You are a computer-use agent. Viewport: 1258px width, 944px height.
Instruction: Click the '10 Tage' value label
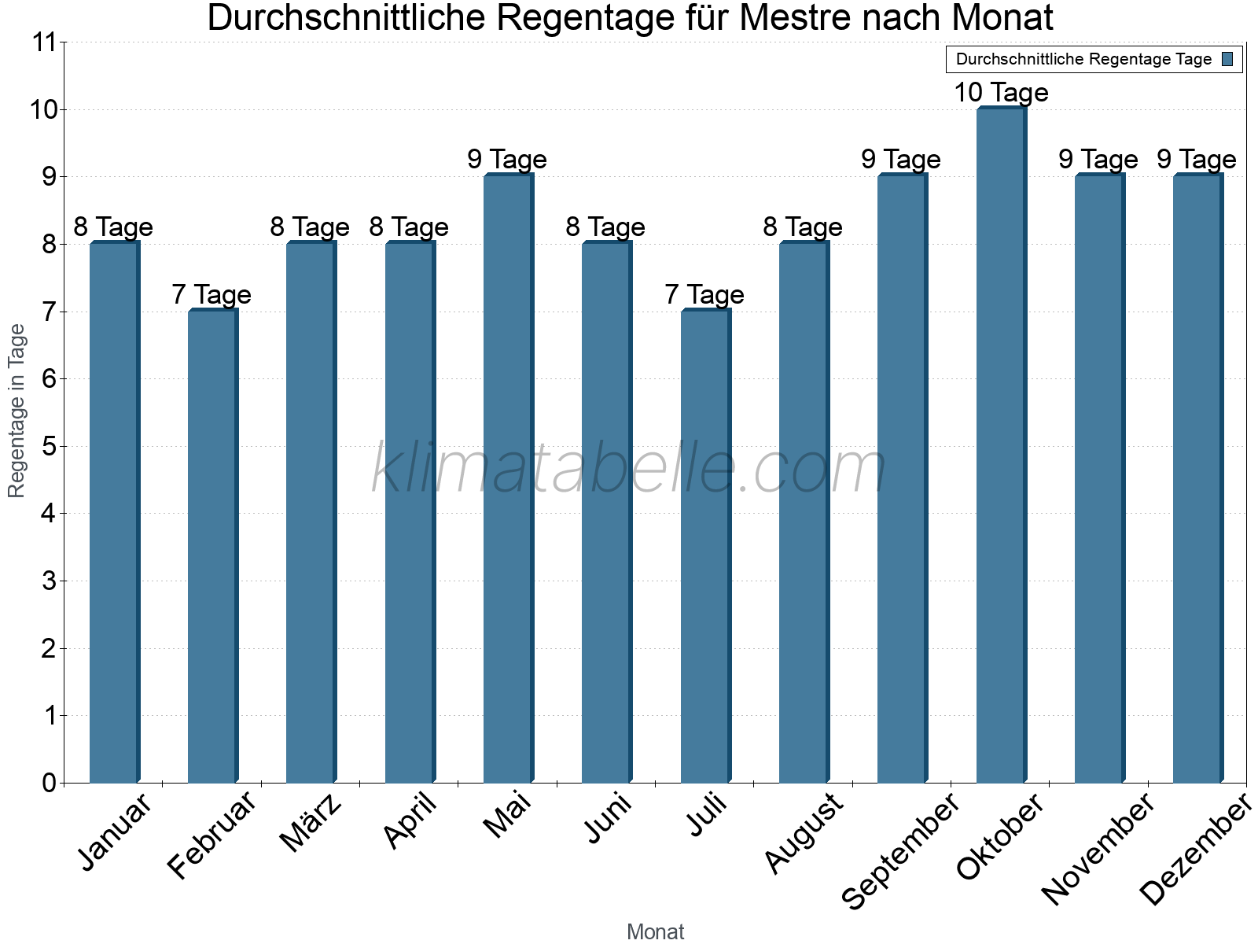point(1001,93)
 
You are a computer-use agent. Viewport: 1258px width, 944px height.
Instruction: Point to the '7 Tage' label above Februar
point(212,295)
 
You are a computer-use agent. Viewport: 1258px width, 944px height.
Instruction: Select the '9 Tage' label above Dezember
point(1196,160)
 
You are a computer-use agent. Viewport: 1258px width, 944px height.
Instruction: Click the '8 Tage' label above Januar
point(113,227)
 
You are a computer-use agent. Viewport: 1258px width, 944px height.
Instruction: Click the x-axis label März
point(311,823)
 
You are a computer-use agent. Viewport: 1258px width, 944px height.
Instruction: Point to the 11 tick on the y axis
point(45,42)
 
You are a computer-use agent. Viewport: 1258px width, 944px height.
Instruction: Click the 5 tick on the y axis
point(50,447)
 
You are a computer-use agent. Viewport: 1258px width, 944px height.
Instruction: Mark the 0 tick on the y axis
point(50,783)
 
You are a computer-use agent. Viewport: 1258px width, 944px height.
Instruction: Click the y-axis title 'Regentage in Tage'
point(17,411)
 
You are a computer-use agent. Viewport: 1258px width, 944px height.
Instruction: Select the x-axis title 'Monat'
point(655,932)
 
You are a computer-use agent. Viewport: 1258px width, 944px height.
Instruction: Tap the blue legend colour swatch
point(1227,59)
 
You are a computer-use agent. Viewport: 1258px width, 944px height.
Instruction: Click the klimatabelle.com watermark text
point(629,469)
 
